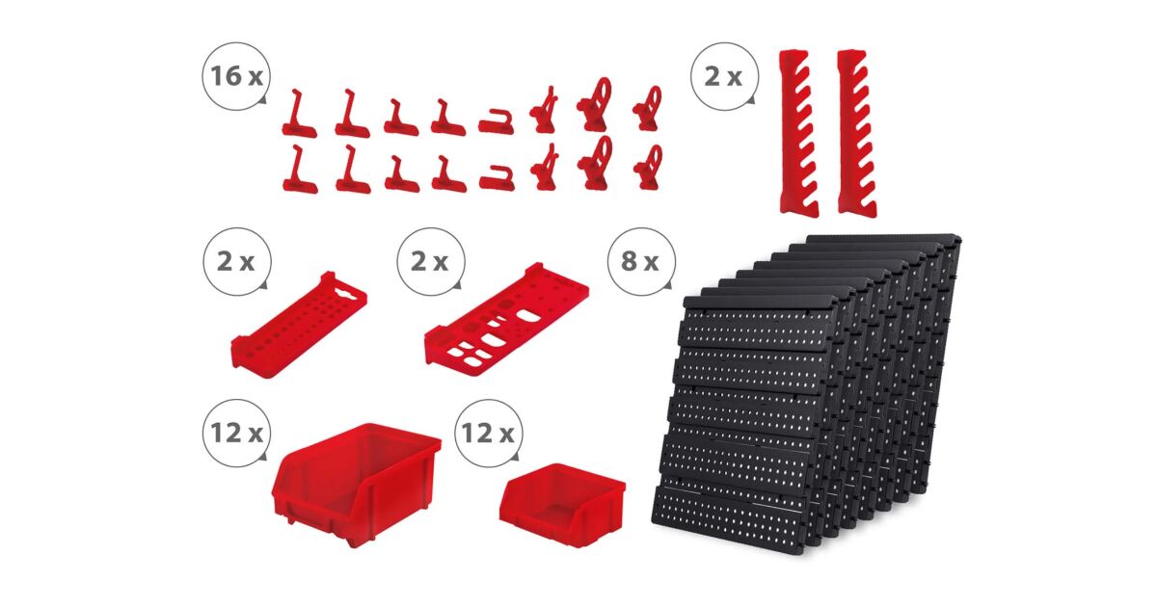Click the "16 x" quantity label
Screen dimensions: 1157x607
pos(236,76)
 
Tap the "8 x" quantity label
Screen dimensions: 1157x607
pos(640,261)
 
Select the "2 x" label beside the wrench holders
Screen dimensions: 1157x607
pos(723,77)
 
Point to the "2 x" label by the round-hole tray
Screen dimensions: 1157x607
pos(235,262)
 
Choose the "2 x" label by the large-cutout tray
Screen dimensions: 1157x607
pos(429,262)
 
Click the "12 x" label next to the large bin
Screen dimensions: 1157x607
pos(236,433)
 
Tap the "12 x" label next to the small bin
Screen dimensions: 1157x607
pos(488,433)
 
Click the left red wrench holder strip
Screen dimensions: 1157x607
pos(798,133)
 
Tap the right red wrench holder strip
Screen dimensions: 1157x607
pos(857,133)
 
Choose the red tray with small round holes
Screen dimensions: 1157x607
pos(299,325)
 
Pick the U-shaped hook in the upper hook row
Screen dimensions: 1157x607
pos(496,122)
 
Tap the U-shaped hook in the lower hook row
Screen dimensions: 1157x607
pos(497,178)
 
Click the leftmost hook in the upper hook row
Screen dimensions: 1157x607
pos(299,115)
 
